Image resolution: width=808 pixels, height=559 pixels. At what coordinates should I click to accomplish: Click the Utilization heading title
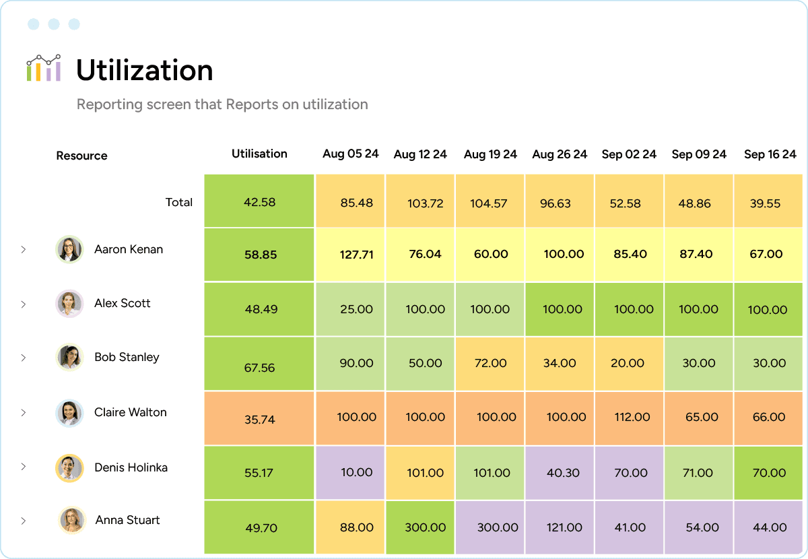(x=144, y=70)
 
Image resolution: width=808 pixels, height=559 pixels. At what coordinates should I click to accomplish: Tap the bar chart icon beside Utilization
(x=44, y=68)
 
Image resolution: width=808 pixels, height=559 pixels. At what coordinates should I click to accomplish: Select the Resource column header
(x=81, y=156)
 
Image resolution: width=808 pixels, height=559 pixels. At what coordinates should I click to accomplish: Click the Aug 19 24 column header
(x=490, y=154)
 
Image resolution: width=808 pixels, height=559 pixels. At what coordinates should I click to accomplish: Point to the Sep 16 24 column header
(x=770, y=154)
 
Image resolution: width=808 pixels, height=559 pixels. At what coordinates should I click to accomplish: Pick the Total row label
(x=178, y=202)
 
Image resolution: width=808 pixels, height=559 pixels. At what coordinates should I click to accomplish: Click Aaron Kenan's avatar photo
(x=69, y=249)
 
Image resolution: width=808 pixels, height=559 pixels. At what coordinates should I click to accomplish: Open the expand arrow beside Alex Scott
(x=23, y=304)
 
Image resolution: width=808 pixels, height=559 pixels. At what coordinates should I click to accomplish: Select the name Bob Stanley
(x=127, y=357)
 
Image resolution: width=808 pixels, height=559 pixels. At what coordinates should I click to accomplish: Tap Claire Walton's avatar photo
(x=69, y=413)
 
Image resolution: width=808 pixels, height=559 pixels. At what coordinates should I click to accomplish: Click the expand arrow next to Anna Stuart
(x=23, y=521)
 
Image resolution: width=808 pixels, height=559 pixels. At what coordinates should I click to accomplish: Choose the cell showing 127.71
(x=356, y=255)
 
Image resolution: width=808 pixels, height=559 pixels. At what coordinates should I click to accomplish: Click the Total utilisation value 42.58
(x=259, y=202)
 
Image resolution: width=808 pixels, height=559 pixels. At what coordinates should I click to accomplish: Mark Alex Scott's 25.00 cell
(x=356, y=309)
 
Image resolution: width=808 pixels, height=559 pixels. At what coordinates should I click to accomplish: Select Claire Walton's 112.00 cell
(x=632, y=417)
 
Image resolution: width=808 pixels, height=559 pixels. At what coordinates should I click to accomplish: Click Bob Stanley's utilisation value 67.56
(x=259, y=368)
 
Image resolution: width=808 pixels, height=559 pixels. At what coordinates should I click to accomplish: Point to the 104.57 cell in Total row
(x=489, y=203)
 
